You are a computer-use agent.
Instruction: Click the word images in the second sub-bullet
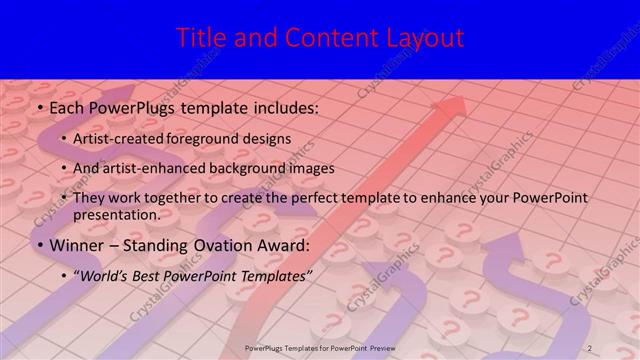(310, 168)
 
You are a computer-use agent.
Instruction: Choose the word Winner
(74, 244)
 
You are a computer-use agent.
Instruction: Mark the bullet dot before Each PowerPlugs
(39, 106)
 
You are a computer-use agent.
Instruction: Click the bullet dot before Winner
(39, 245)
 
